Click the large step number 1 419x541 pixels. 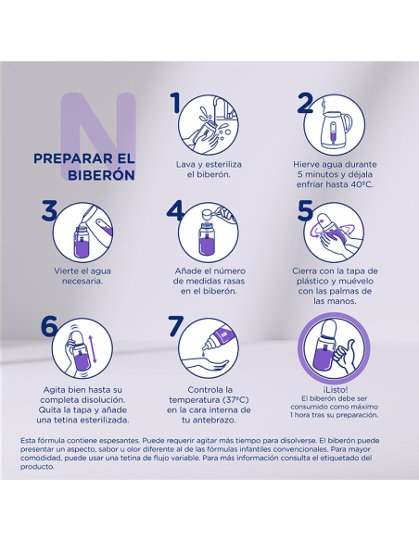tap(176, 103)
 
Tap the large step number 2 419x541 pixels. tap(306, 103)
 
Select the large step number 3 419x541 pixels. tap(49, 209)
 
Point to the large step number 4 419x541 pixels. tap(175, 210)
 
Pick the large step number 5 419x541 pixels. tap(305, 210)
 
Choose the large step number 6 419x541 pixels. tap(49, 325)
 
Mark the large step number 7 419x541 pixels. tap(176, 325)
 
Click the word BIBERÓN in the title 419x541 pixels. tap(101, 175)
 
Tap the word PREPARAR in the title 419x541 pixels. tap(69, 158)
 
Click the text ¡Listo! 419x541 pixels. tap(336, 389)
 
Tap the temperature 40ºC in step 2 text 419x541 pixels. tap(362, 184)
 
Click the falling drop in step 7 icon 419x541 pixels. tap(204, 353)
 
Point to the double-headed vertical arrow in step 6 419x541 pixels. tap(94, 347)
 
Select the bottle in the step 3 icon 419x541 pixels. tap(82, 241)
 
